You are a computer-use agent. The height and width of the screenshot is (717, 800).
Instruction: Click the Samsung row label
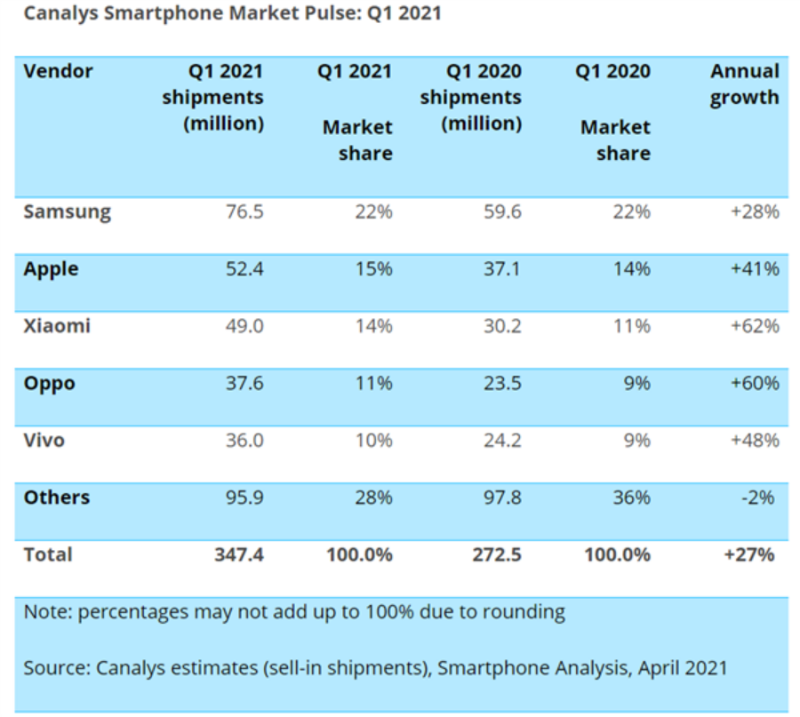point(68,212)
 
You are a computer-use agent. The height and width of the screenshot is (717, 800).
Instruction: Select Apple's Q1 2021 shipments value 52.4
point(244,269)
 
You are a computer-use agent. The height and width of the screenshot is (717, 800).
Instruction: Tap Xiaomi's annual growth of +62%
point(755,326)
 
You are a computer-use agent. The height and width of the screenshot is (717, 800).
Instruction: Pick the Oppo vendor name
point(50,384)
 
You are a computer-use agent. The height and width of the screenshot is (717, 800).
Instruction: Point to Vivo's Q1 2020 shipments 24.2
point(501,440)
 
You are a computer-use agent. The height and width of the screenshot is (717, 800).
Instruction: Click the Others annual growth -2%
point(761,497)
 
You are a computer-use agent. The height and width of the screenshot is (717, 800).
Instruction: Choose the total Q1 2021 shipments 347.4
point(238,554)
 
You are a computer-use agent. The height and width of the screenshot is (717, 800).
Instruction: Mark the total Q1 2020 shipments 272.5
point(496,554)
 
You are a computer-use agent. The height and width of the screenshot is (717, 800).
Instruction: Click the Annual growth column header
point(745,84)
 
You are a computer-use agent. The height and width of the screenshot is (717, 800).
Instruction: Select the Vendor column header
point(58,71)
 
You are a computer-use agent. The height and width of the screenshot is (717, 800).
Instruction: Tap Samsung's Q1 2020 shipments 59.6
point(501,212)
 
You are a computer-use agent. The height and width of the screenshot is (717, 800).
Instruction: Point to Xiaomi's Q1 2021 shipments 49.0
point(244,326)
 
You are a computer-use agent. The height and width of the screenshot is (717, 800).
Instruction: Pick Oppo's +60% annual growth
point(755,384)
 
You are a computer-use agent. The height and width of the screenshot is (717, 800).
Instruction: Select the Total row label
point(48,554)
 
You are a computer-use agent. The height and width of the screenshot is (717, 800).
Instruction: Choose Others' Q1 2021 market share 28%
point(372,497)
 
